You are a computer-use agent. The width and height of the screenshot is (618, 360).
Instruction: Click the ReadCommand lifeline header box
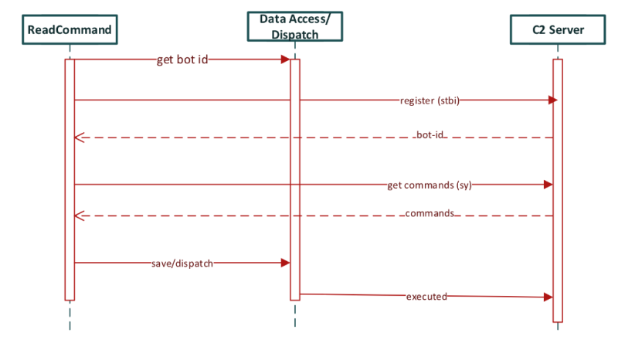coord(70,31)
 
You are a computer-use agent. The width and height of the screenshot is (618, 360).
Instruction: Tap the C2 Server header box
coord(558,31)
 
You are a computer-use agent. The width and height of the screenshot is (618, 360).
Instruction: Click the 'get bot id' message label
coord(182,59)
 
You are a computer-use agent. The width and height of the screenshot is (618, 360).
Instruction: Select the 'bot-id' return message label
coord(430,137)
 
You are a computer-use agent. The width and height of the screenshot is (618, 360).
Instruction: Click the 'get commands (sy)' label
coord(429,185)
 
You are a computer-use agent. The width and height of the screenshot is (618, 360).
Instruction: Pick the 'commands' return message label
coord(430,214)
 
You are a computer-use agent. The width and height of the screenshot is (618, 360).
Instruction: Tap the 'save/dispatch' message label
coord(182,263)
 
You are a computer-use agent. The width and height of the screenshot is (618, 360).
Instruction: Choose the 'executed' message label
coord(426,296)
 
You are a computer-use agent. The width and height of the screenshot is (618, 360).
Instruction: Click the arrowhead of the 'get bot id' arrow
coord(286,59)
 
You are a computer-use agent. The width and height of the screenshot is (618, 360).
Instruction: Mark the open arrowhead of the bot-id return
coord(77,138)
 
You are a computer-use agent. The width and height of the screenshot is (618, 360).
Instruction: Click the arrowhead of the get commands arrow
coord(549,185)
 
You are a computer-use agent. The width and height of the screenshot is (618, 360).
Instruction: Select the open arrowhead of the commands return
coord(77,216)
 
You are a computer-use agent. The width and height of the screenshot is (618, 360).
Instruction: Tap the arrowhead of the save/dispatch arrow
coord(286,263)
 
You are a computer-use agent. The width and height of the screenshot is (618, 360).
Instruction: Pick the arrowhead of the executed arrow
coord(549,297)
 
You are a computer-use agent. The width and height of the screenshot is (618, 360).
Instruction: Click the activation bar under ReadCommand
coord(70,178)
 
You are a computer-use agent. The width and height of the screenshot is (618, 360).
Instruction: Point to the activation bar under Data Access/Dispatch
coord(294,178)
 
